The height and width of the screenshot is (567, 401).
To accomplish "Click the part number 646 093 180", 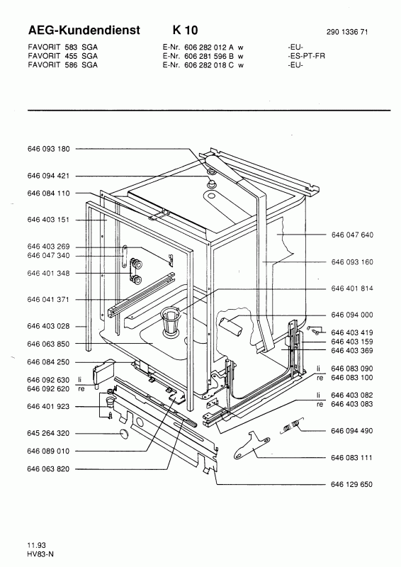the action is pyautogui.click(x=48, y=149).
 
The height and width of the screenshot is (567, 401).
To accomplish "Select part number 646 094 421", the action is pyautogui.click(x=48, y=176).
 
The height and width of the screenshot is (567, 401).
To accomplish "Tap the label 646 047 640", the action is pyautogui.click(x=352, y=235).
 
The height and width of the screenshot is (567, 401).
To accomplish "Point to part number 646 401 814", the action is pyautogui.click(x=352, y=288).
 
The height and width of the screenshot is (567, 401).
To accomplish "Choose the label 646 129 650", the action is pyautogui.click(x=351, y=484).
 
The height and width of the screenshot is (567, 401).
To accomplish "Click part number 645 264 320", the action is pyautogui.click(x=48, y=433).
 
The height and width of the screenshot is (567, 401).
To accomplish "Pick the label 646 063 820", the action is pyautogui.click(x=48, y=468).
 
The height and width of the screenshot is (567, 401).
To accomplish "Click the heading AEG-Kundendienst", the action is pyautogui.click(x=84, y=30).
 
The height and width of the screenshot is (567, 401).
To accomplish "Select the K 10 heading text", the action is pyautogui.click(x=185, y=30).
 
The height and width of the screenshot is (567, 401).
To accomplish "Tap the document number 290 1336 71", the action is pyautogui.click(x=347, y=32).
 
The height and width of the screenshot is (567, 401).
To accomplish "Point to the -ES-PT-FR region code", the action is pyautogui.click(x=306, y=56).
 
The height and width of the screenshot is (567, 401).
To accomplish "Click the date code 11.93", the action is pyautogui.click(x=36, y=545).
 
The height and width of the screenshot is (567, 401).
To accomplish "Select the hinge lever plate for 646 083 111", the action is pyautogui.click(x=252, y=444).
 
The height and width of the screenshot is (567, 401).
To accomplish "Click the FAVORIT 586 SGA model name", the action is pyautogui.click(x=62, y=65).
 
